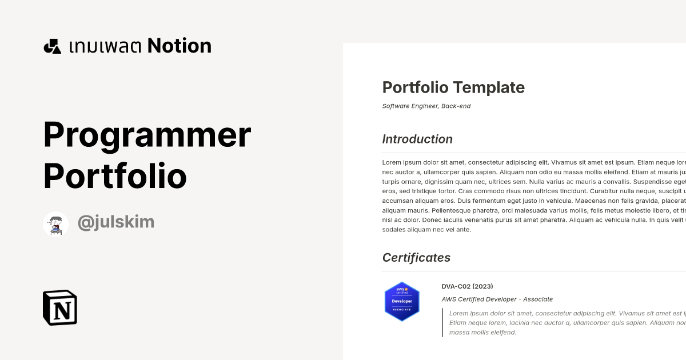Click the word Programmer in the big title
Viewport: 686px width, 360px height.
click(x=147, y=136)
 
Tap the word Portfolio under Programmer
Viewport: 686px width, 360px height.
click(x=115, y=177)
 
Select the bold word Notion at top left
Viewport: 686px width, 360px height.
click(x=179, y=46)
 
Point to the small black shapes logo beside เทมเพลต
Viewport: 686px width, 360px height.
click(x=52, y=46)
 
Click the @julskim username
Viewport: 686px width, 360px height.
click(x=115, y=222)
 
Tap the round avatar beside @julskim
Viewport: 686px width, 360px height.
click(x=56, y=224)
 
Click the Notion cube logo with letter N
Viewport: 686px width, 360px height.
click(x=60, y=307)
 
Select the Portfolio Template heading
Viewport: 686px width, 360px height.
click(x=453, y=87)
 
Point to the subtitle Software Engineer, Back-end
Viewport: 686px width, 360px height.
click(x=426, y=106)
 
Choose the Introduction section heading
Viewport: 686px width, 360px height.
click(x=417, y=139)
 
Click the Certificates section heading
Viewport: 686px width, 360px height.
click(x=416, y=258)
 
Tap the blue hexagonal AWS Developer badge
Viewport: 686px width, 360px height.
click(x=402, y=301)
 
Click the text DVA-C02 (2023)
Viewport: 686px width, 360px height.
click(x=467, y=286)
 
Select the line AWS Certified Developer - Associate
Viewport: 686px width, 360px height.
click(x=497, y=299)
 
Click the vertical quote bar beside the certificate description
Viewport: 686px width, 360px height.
click(x=442, y=322)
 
